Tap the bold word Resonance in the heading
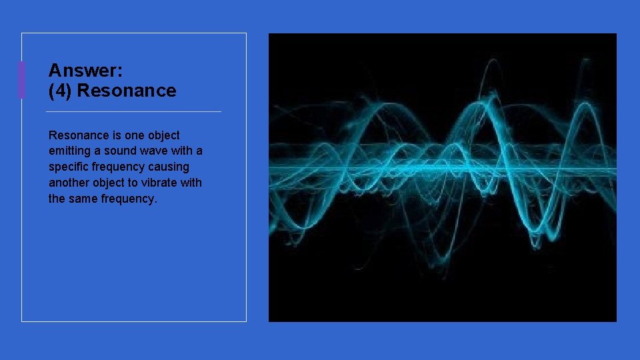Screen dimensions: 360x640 tap(127, 91)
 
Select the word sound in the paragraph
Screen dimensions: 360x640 tap(121, 151)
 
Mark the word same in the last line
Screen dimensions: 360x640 tap(84, 199)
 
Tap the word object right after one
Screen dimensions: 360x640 tap(163, 135)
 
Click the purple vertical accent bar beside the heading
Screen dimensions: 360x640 tap(21, 80)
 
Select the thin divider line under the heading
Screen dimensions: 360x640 tap(134, 111)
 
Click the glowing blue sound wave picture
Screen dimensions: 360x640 tap(442, 177)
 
